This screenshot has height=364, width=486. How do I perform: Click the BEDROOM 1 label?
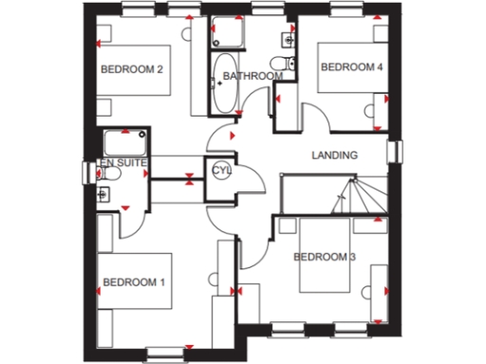tap(134, 282)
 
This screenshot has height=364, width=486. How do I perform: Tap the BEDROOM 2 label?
tap(134, 68)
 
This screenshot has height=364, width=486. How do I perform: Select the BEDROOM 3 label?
tap(325, 257)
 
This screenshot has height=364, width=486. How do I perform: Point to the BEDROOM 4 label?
tap(351, 67)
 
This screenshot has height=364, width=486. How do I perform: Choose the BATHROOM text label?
tap(248, 76)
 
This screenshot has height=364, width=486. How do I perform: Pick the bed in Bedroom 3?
tap(327, 257)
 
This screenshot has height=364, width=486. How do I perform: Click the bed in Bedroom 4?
tap(350, 67)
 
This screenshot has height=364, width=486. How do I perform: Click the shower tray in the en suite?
tap(123, 143)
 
